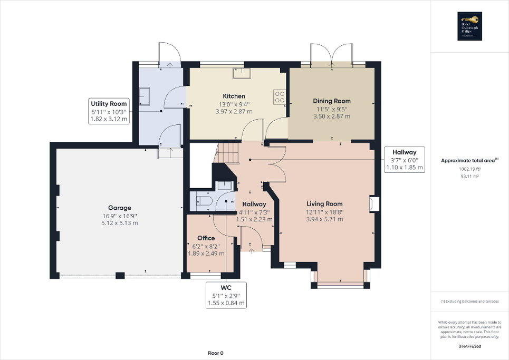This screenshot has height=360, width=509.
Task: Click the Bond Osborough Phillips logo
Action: point(469,26)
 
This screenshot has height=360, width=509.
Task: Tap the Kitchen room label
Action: point(234,96)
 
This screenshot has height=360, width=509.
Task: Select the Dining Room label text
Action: point(331,101)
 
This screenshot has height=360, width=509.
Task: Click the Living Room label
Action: point(324,204)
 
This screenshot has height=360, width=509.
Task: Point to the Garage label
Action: point(120,208)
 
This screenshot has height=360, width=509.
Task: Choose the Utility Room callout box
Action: point(109,111)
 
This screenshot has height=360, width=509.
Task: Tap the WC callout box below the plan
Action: point(226,295)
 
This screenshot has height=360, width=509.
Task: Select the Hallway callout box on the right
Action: point(405,159)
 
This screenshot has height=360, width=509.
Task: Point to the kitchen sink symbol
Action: point(243,73)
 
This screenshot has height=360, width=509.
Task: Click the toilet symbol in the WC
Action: point(203,200)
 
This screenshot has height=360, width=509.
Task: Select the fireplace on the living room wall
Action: point(374,204)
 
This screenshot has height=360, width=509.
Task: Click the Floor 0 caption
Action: point(215,353)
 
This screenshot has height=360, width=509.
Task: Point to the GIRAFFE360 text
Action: point(469,346)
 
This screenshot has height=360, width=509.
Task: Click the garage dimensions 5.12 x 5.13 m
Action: point(120,223)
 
